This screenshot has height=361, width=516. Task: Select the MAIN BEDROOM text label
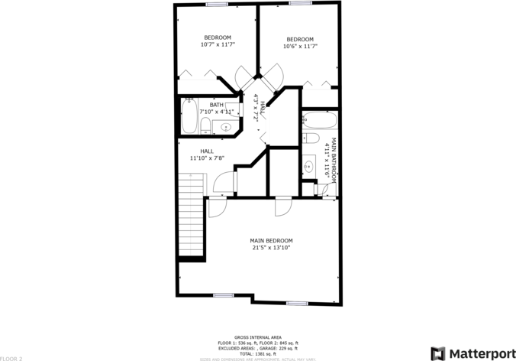(271, 241)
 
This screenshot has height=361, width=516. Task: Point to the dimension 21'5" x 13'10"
(271, 248)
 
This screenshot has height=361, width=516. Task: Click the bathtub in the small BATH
(189, 116)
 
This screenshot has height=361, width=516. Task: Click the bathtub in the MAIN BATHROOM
(315, 121)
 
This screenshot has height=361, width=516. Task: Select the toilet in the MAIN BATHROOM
(309, 138)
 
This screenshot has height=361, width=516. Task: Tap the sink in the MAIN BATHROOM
(308, 166)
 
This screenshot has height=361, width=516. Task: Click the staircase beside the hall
(192, 217)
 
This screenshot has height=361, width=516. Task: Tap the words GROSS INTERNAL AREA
(258, 337)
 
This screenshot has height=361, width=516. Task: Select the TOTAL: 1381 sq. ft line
(258, 353)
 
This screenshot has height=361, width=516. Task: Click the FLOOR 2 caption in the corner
(11, 358)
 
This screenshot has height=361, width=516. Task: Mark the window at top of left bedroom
(217, 5)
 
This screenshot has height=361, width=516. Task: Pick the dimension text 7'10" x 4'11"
(216, 112)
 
